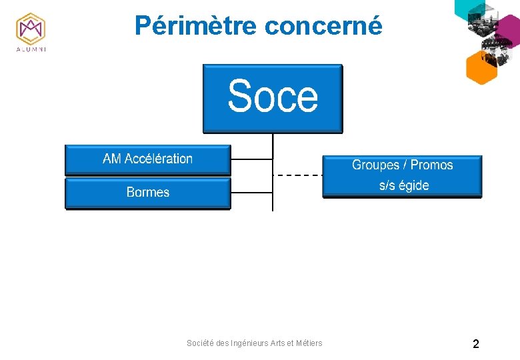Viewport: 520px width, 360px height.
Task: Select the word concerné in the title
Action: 323,25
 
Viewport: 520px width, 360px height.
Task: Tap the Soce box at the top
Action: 273,98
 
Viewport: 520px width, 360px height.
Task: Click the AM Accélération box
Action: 147,159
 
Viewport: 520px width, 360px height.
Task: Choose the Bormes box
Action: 147,193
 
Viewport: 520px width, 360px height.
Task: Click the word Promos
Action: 431,165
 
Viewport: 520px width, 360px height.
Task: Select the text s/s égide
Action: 404,185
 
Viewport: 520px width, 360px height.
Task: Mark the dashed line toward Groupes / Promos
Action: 298,175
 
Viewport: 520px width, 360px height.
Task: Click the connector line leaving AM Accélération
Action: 251,159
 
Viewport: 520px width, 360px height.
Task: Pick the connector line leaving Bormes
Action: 251,193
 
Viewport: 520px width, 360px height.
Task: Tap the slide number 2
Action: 475,344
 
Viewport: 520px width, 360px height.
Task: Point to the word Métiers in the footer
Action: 307,343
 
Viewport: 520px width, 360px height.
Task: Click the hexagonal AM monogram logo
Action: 30,28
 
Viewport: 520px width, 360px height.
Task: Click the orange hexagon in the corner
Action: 481,67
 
